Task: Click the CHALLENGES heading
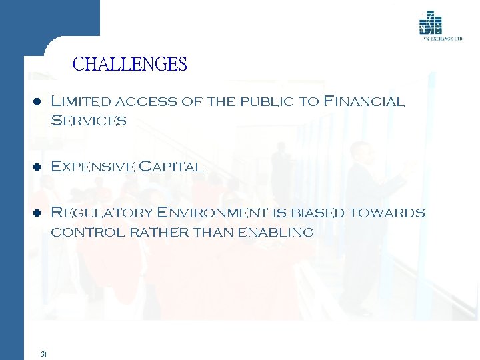(x=129, y=65)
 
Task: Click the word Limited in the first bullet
(x=81, y=102)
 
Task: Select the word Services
(x=89, y=121)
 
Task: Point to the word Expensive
(x=91, y=167)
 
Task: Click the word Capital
(x=171, y=167)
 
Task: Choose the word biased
(x=315, y=213)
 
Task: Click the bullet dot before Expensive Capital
(x=38, y=167)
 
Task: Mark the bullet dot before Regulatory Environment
(x=38, y=213)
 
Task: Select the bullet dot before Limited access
(x=38, y=102)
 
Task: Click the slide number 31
(x=43, y=354)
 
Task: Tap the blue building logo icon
(x=430, y=23)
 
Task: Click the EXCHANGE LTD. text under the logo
(x=443, y=39)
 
